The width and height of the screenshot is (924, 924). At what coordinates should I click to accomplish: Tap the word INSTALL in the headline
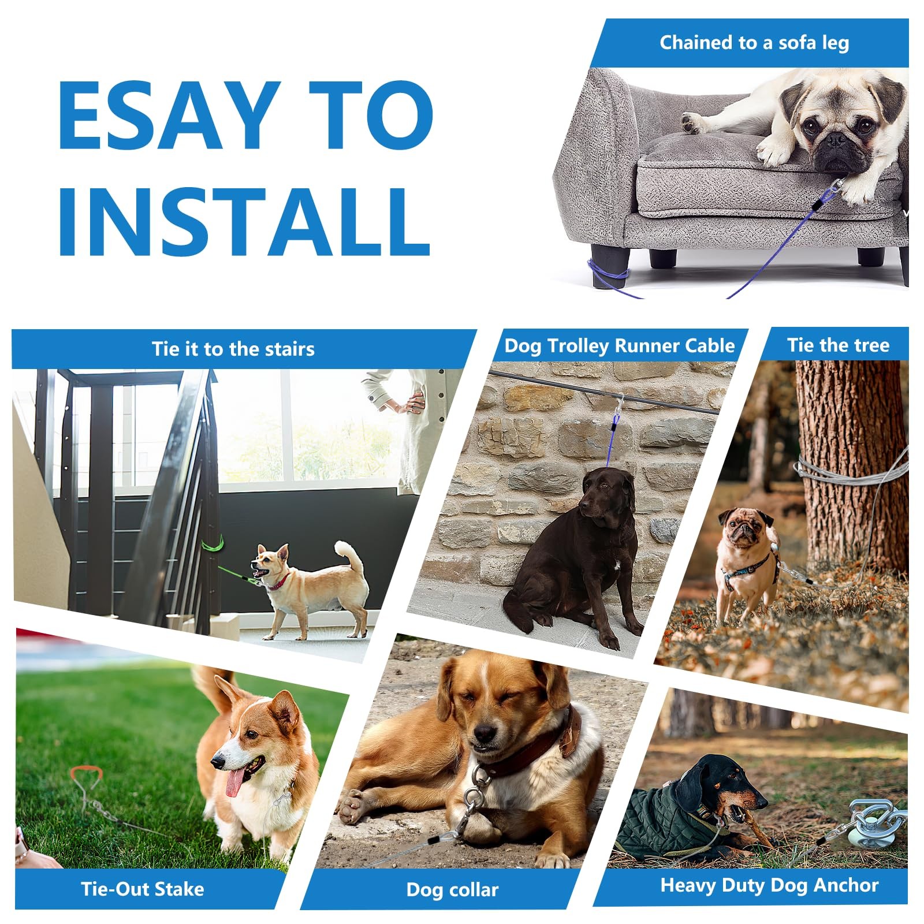tap(245, 221)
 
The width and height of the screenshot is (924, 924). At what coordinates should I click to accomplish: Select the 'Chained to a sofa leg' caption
tap(754, 43)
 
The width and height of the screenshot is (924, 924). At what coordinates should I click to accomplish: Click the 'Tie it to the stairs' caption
tap(233, 349)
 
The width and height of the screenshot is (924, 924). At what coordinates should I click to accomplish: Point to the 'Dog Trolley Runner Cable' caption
tap(620, 345)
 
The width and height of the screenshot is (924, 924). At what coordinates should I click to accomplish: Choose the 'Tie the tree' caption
tap(838, 345)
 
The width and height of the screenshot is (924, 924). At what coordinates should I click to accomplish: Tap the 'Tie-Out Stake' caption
tap(142, 888)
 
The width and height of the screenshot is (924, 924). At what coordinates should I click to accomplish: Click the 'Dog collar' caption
tap(452, 889)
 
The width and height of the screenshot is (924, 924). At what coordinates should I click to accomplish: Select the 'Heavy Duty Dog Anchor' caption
tap(769, 885)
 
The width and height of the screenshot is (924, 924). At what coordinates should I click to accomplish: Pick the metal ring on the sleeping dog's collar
tap(475, 797)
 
